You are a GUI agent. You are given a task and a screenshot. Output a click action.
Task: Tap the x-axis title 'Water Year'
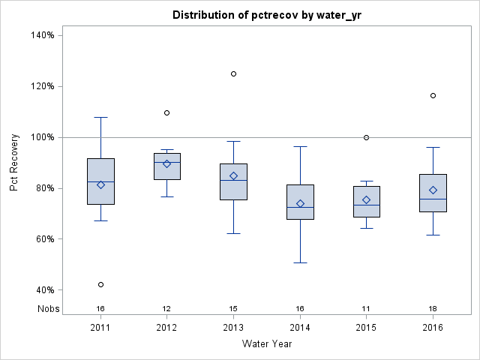point(267,343)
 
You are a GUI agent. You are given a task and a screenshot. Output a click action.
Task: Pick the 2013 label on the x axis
point(233,328)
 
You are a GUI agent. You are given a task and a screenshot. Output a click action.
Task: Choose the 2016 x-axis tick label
point(433,328)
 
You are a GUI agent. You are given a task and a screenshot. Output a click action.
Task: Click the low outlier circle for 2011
point(100,284)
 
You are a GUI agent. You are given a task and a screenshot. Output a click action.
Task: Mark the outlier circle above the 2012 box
point(167,112)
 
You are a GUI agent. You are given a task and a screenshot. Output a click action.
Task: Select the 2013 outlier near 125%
point(233,73)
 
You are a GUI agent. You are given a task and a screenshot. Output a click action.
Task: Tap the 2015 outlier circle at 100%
point(366,137)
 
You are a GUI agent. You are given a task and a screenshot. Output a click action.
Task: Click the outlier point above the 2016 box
point(433,95)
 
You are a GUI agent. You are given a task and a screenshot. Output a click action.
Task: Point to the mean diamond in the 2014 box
point(300,203)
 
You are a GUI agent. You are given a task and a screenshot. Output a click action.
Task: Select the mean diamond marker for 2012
point(167,163)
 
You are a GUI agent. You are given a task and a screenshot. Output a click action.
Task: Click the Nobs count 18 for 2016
point(433,308)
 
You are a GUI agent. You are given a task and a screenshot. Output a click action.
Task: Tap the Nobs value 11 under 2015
point(366,308)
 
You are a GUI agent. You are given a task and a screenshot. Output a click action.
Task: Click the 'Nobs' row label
point(48,308)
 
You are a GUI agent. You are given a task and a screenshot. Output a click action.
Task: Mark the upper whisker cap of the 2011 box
point(100,117)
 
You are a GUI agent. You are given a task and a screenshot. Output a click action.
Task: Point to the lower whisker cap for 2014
point(300,263)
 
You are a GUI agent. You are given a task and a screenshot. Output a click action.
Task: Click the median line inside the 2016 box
point(433,199)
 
